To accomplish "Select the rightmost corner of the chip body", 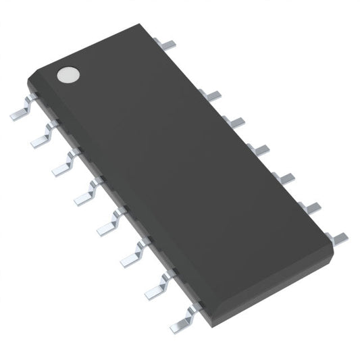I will pyautogui.click(x=333, y=251).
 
